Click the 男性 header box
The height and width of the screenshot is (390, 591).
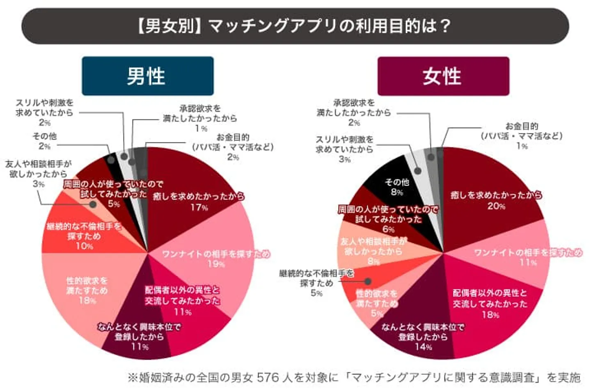(x=147, y=76)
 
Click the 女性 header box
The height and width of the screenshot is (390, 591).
(x=443, y=76)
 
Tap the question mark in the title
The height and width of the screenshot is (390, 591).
(x=444, y=26)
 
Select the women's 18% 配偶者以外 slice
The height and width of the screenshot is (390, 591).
(x=492, y=304)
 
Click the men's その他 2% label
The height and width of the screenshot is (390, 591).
(x=44, y=141)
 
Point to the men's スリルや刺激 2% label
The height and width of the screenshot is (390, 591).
(x=44, y=112)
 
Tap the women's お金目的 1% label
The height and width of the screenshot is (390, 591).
(x=521, y=135)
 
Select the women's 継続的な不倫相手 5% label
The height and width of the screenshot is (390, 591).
(x=316, y=283)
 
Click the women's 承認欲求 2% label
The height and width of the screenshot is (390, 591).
(x=354, y=112)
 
